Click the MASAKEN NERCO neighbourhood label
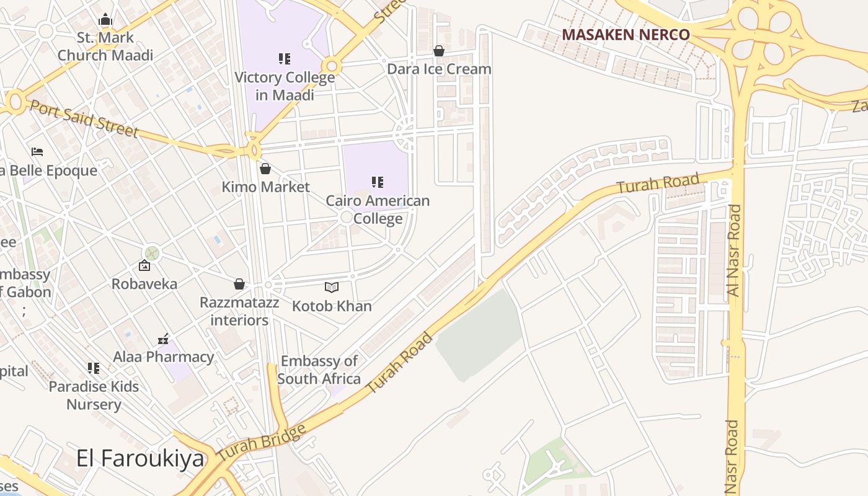[626, 35]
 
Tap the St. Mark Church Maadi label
[105, 46]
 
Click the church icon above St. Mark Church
[105, 20]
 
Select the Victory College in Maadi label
[285, 86]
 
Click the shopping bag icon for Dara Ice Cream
[439, 51]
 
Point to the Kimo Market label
[265, 187]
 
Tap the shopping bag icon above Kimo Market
[265, 169]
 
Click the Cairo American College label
[378, 210]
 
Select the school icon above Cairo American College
[378, 182]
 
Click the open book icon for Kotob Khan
[332, 287]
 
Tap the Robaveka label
[144, 284]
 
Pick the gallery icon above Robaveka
[144, 266]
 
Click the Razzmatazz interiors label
[239, 311]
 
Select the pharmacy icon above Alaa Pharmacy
[163, 339]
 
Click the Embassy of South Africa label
[319, 370]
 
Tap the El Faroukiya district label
[140, 458]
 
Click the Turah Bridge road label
[262, 443]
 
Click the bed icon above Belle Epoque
[37, 152]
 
